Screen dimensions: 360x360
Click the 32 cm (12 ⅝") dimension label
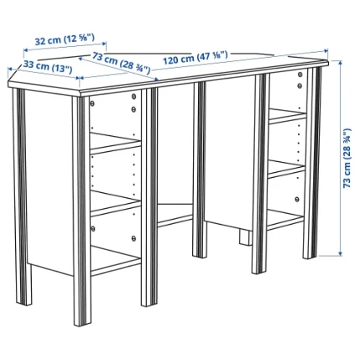(x=64, y=39)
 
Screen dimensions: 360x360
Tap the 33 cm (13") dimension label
(x=48, y=67)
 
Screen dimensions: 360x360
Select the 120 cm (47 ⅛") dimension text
(x=195, y=58)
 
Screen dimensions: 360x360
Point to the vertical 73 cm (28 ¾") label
(x=347, y=158)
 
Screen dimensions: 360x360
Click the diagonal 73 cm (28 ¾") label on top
(x=121, y=62)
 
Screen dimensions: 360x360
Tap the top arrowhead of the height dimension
(x=340, y=63)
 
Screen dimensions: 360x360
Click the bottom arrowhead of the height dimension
(x=340, y=254)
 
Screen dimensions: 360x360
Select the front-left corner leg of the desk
(x=82, y=211)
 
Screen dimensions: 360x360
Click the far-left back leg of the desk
(x=22, y=196)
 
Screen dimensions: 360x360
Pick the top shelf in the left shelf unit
(x=115, y=144)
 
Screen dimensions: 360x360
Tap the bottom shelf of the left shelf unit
(x=115, y=260)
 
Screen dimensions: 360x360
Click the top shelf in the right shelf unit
(x=287, y=116)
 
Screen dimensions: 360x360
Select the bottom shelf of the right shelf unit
(x=286, y=220)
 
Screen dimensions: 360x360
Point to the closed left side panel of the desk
(x=49, y=182)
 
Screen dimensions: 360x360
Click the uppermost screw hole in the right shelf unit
(x=300, y=74)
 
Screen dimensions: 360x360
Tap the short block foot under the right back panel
(x=245, y=236)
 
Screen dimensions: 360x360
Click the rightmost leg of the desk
(x=312, y=163)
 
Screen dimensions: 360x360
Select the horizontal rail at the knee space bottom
(x=175, y=220)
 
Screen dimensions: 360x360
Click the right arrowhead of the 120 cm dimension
(x=326, y=50)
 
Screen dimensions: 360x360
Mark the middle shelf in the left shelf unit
(x=115, y=203)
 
